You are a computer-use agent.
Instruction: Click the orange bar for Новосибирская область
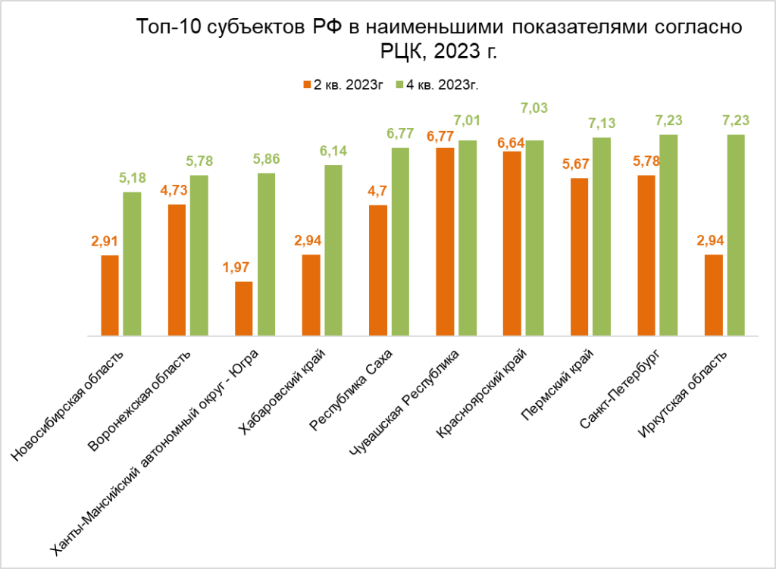[x=110, y=295]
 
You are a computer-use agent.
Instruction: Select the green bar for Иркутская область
[x=736, y=235]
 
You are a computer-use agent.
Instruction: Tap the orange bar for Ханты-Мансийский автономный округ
[x=244, y=308]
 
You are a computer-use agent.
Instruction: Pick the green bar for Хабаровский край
[x=333, y=250]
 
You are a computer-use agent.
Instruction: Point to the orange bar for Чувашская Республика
[x=445, y=241]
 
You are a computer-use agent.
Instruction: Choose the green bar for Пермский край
[x=602, y=236]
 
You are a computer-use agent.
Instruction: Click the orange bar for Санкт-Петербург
[x=646, y=255]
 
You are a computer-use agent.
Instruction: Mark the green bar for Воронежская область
[x=199, y=255]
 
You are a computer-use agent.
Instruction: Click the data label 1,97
[x=243, y=267]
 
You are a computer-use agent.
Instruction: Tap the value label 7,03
[x=535, y=111]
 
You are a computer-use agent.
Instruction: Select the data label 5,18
[x=132, y=178]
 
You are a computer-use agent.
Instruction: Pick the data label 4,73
[x=177, y=190]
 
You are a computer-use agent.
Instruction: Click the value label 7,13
[x=602, y=123]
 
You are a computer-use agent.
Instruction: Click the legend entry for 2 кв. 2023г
[x=342, y=85]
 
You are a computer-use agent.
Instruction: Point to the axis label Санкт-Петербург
[x=620, y=389]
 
